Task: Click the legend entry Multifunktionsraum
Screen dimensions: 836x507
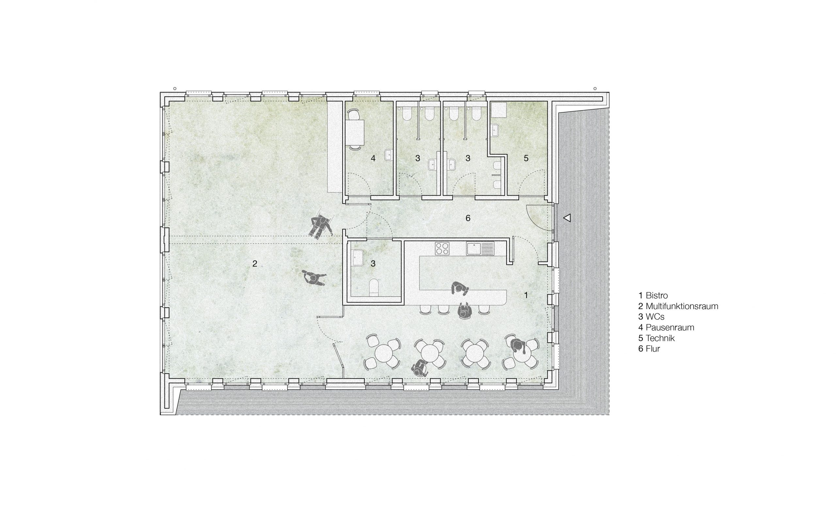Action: pyautogui.click(x=678, y=306)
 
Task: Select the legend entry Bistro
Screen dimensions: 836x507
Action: pyautogui.click(x=653, y=295)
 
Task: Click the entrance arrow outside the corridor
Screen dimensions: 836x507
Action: pyautogui.click(x=567, y=218)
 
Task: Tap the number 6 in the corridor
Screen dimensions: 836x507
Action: pyautogui.click(x=468, y=218)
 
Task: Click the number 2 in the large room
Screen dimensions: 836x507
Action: pyautogui.click(x=255, y=263)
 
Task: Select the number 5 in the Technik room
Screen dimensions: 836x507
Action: pyautogui.click(x=526, y=158)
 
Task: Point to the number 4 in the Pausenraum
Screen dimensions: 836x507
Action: pyautogui.click(x=373, y=158)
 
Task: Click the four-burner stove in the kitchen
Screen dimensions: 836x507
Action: pyautogui.click(x=442, y=248)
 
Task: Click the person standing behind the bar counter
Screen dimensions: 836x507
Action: pyautogui.click(x=460, y=289)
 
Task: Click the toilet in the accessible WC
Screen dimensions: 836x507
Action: pyautogui.click(x=374, y=287)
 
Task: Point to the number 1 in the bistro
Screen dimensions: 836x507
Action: pyautogui.click(x=526, y=295)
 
